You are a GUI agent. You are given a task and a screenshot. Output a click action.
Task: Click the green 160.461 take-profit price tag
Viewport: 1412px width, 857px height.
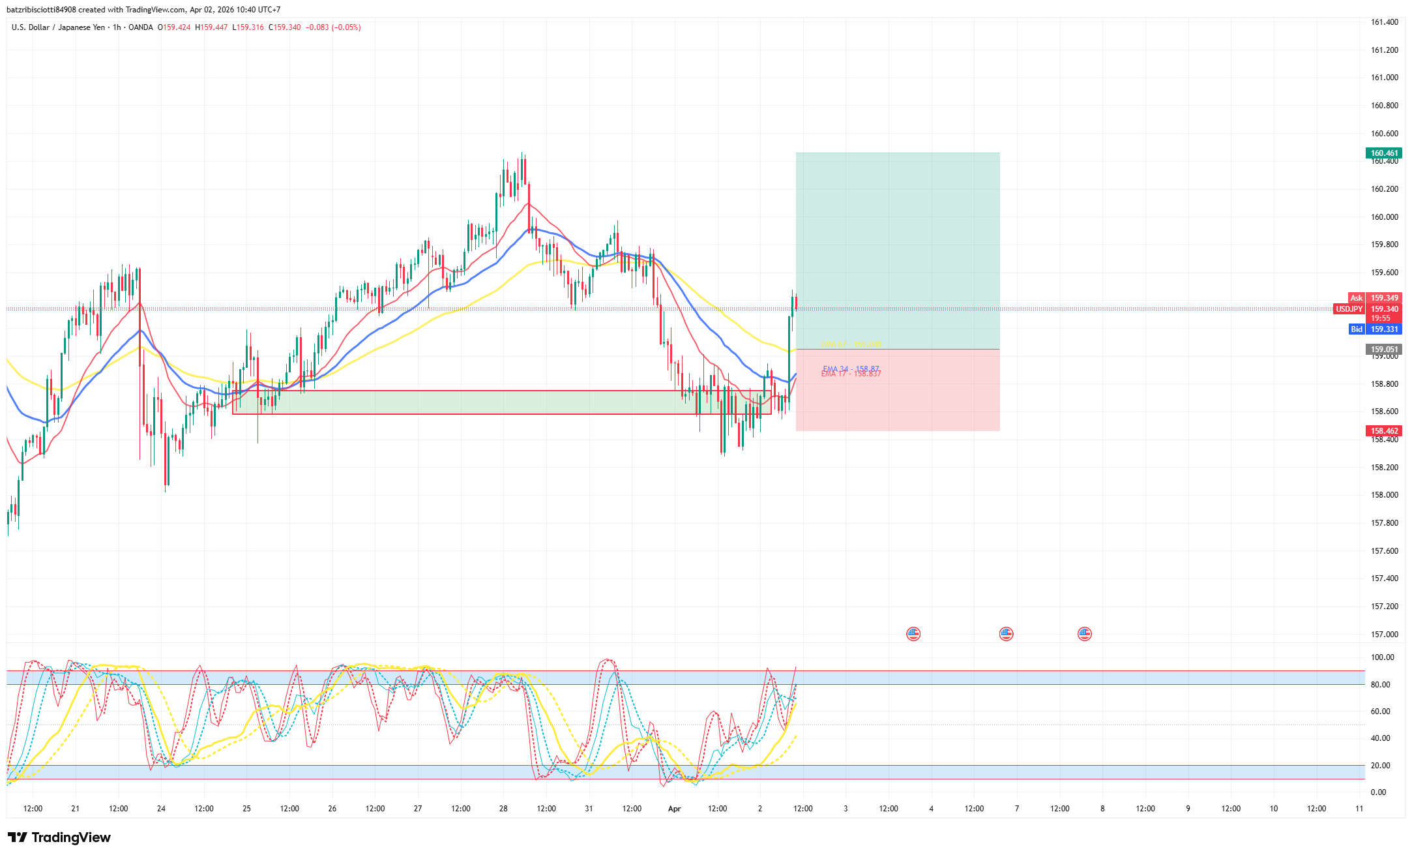click(x=1383, y=153)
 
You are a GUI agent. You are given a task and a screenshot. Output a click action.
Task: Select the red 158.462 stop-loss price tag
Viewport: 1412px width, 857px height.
click(x=1383, y=431)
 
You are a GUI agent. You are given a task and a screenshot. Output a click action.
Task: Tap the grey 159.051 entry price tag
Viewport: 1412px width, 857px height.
click(x=1383, y=350)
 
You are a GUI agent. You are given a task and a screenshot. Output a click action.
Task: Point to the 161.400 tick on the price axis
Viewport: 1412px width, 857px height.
click(x=1384, y=22)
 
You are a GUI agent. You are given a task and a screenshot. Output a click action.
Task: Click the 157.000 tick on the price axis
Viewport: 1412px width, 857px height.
click(x=1384, y=634)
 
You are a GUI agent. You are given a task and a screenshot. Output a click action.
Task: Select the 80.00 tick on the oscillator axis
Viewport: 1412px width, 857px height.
click(x=1380, y=684)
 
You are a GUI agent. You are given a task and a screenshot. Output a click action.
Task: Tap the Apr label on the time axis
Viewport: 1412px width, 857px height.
click(x=674, y=809)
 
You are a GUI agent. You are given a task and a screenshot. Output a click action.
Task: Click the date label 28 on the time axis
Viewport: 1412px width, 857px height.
click(x=503, y=809)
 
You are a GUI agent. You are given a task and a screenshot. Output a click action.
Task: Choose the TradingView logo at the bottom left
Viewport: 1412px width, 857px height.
click(x=59, y=837)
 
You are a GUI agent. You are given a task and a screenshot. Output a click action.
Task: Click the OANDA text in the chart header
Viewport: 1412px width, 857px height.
click(x=141, y=27)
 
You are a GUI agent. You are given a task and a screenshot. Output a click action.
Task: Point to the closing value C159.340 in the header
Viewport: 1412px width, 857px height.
click(x=285, y=27)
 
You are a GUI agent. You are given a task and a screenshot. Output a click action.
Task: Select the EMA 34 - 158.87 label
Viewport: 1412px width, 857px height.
click(x=851, y=368)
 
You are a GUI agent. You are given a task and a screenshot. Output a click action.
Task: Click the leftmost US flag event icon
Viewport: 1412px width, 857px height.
click(x=913, y=634)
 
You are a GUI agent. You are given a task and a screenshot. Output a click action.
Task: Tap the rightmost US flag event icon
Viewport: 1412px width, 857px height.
click(x=1085, y=634)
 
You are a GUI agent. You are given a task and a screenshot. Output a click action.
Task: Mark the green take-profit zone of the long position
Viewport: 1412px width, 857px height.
click(x=897, y=251)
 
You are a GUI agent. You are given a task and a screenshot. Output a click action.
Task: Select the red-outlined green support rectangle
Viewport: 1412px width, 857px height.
click(x=502, y=402)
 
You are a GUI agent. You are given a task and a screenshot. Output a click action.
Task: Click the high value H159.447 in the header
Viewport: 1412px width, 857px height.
click(x=211, y=27)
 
